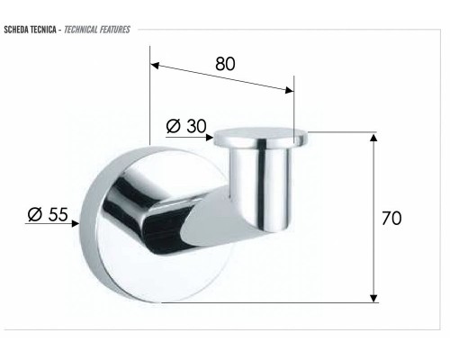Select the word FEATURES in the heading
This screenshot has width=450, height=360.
[116, 30]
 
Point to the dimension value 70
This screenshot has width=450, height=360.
[391, 218]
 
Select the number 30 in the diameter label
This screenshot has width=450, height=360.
[196, 127]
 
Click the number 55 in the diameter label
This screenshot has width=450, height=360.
[56, 214]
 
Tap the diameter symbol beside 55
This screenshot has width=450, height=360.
[33, 214]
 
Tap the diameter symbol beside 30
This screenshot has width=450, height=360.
[175, 127]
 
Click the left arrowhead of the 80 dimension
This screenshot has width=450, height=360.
[155, 66]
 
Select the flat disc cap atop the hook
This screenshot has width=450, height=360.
[262, 138]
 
